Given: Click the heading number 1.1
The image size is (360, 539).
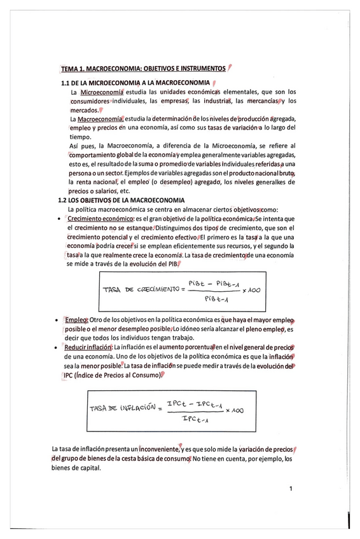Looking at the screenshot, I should tap(66, 83).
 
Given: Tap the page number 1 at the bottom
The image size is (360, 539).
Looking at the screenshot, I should tap(290, 489).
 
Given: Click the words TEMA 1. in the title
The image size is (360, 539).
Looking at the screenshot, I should tap(73, 68).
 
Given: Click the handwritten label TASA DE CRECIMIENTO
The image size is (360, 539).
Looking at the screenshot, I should tap(141, 290).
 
